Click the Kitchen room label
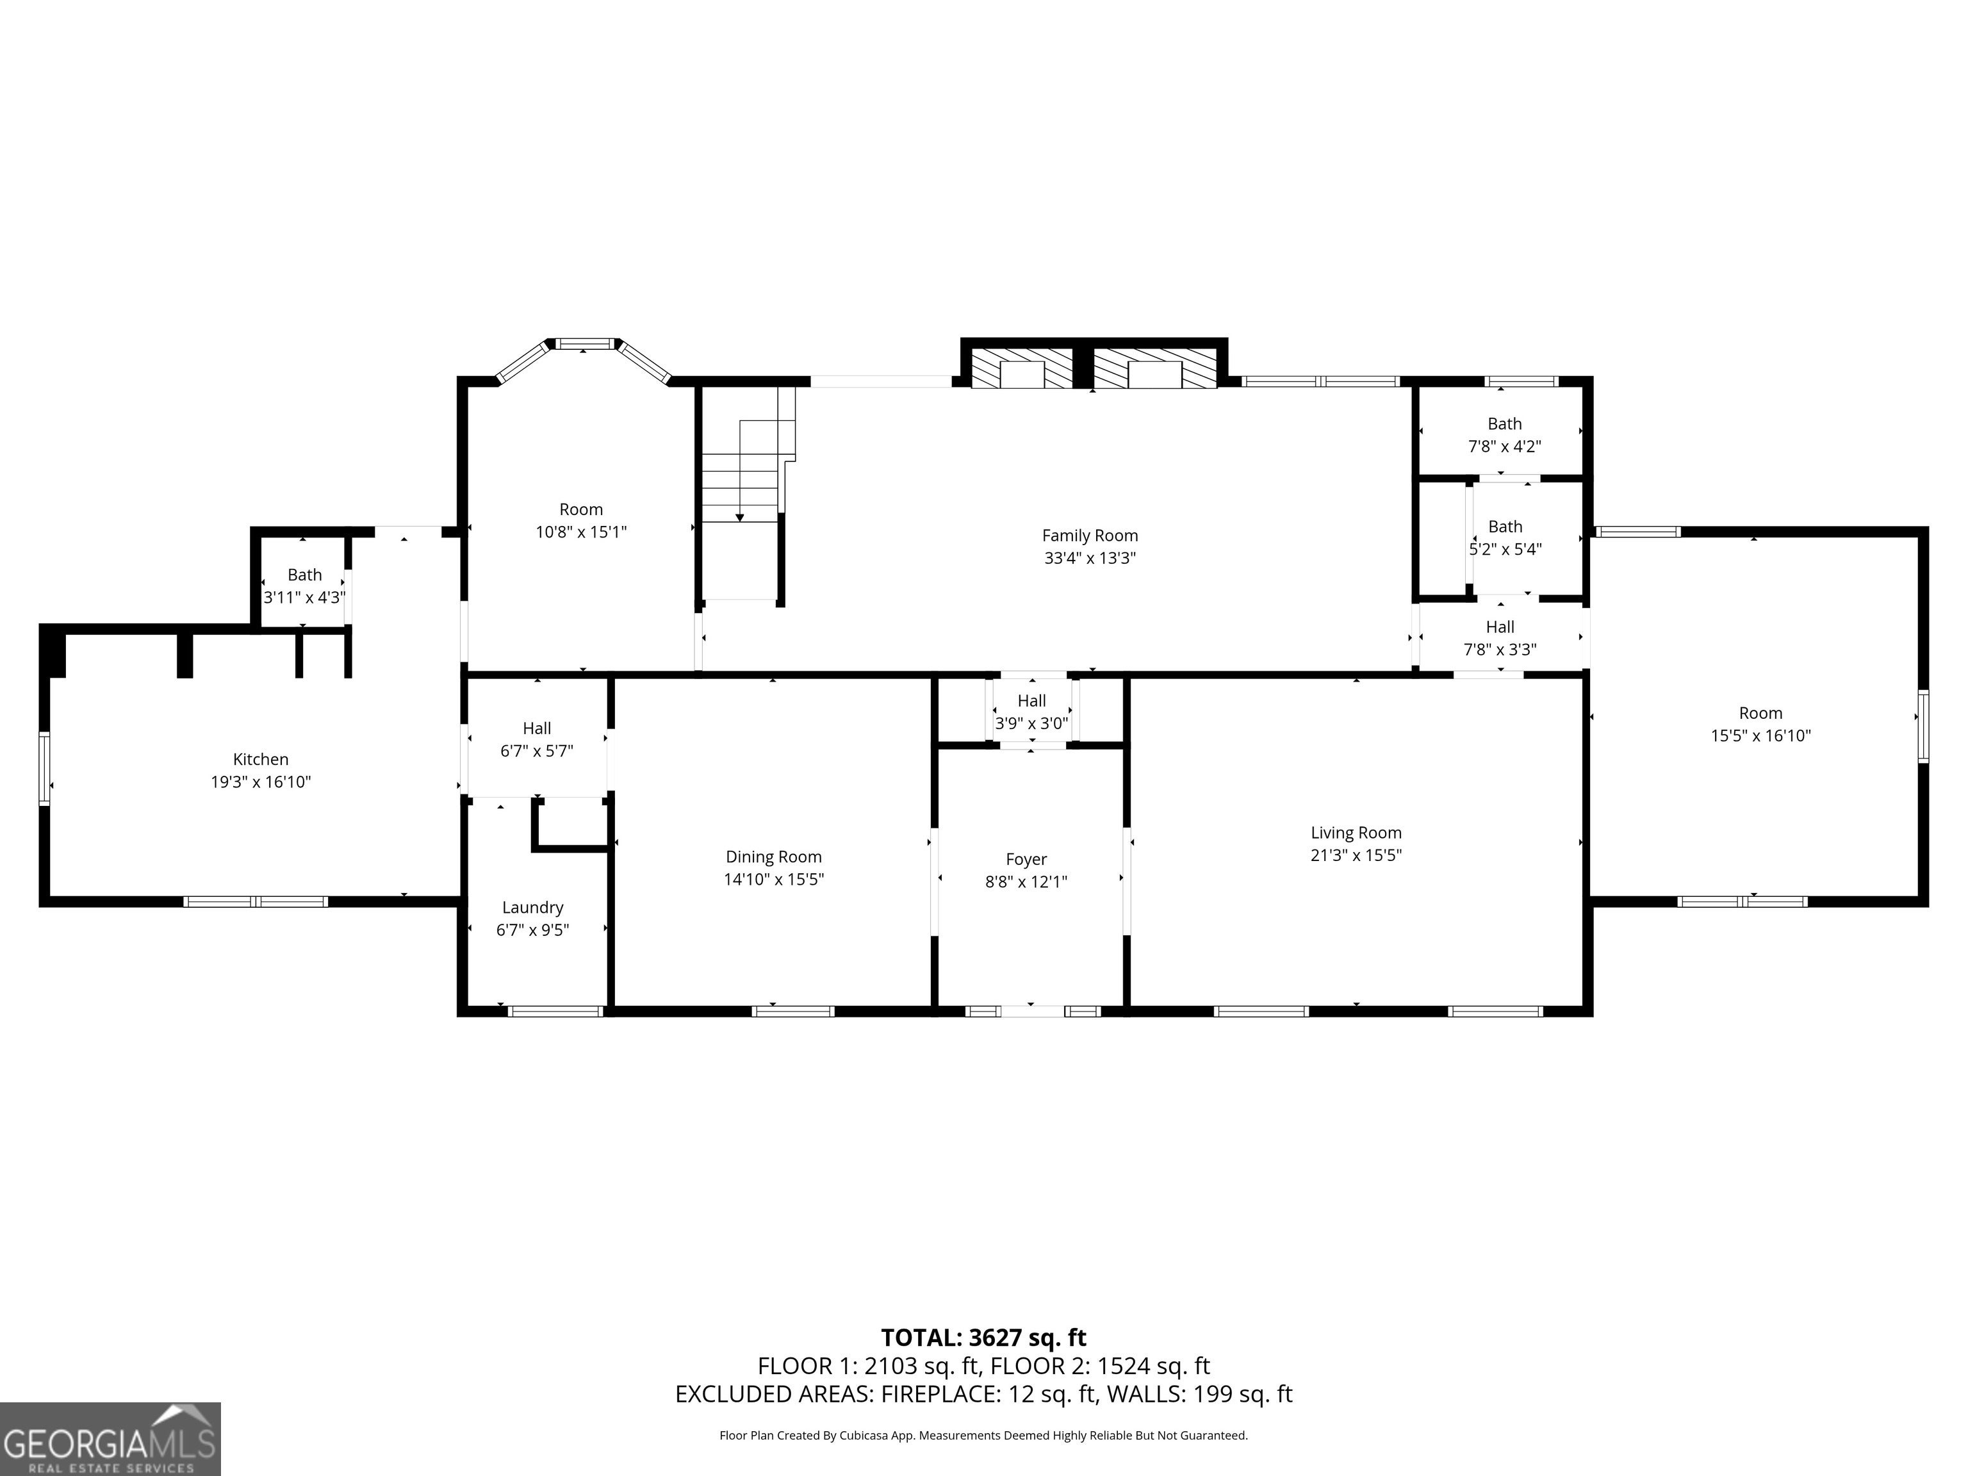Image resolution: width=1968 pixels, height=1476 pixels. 261,760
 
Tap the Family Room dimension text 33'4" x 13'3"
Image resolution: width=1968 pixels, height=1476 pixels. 1090,559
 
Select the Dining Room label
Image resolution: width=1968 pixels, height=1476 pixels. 773,857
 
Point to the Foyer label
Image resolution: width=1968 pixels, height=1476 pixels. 1026,860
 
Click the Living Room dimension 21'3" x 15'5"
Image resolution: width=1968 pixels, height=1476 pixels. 1356,855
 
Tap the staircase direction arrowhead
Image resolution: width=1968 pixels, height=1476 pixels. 739,518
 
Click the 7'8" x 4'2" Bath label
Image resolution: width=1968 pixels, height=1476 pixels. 1504,424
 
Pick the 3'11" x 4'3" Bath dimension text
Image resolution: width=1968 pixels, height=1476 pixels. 304,598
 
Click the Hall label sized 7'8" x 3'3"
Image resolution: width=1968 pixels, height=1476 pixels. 1500,627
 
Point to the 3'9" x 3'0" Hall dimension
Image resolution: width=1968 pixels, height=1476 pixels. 1031,724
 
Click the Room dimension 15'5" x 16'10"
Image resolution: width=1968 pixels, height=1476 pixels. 1760,736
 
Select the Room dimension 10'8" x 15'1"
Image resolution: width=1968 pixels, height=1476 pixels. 581,532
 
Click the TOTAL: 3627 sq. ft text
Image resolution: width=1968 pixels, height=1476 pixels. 983,1337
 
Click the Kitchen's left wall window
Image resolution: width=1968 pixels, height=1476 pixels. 44,769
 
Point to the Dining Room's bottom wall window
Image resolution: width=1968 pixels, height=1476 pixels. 792,1011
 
